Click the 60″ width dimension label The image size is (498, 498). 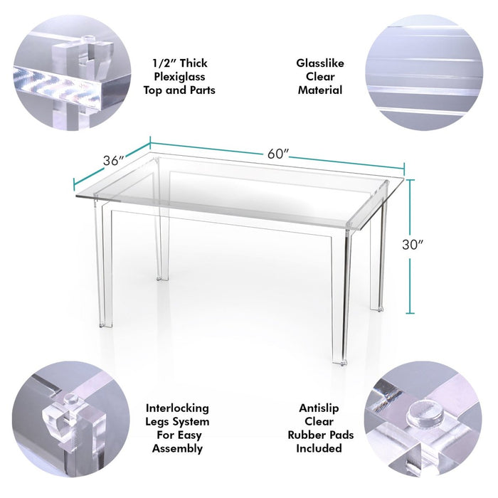tap(278, 154)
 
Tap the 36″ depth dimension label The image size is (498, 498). tap(113, 161)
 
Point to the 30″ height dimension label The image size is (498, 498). tap(413, 245)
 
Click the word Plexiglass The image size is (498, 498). tap(179, 77)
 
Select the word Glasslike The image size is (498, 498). tap(320, 63)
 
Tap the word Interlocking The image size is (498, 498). tap(177, 408)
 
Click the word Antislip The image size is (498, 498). tap(319, 408)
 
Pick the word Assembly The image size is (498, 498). tap(177, 448)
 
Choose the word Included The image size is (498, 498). tap(319, 448)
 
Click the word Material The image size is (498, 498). tap(320, 90)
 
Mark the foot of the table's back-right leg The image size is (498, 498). tap(377, 308)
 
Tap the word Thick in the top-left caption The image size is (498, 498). tap(193, 63)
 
